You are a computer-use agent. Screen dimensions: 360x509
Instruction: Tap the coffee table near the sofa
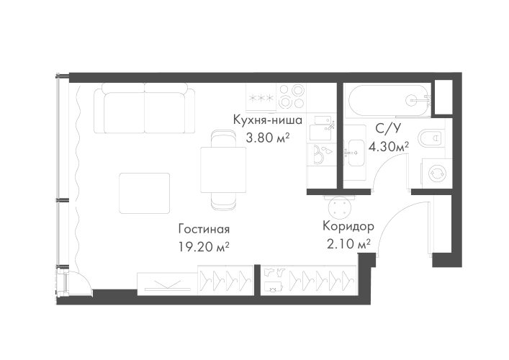coord(144,193)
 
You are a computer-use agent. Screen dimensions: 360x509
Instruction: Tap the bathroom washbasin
coord(353,152)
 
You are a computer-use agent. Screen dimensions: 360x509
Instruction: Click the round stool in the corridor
coord(339,207)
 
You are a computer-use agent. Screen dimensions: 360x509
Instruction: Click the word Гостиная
coord(204,230)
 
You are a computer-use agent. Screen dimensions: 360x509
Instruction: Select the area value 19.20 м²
coord(204,246)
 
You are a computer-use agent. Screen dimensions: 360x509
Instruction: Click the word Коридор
coord(348,225)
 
